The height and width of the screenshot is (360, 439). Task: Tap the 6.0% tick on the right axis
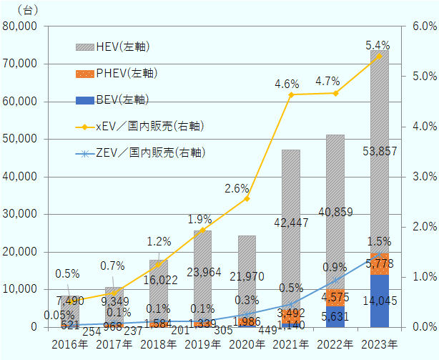tap(424, 26)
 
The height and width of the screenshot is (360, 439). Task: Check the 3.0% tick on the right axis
tap(424, 177)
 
